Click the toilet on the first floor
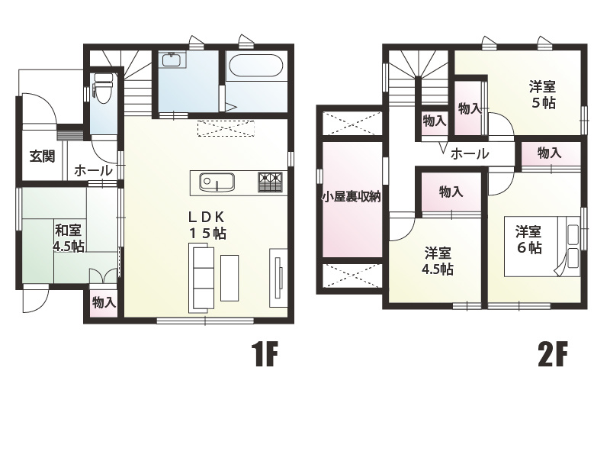click(x=104, y=89)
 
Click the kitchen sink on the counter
click(x=217, y=182)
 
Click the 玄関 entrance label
click(x=43, y=156)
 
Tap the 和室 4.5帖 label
click(x=69, y=238)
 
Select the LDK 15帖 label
click(x=207, y=225)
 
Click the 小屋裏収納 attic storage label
click(x=351, y=197)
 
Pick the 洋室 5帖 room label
click(x=542, y=95)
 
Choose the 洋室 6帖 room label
click(x=528, y=240)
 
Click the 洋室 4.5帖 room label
click(x=438, y=261)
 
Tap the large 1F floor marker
click(x=265, y=354)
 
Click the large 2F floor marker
click(x=552, y=354)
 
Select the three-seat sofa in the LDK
click(x=201, y=277)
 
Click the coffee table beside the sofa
click(x=230, y=278)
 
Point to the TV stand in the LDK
click(x=278, y=278)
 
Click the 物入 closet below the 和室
click(x=104, y=302)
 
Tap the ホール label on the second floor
click(x=470, y=154)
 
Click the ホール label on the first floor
click(x=93, y=170)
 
